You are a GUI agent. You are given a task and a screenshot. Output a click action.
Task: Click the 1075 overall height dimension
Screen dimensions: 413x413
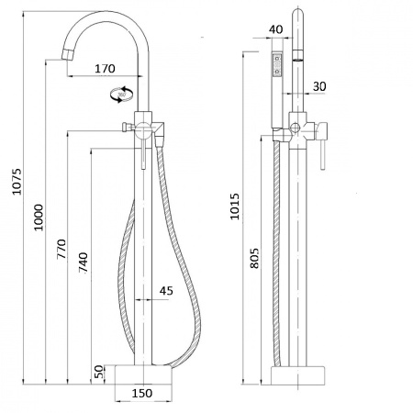(17, 181)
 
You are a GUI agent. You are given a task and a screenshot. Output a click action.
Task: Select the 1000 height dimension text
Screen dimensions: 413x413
(39, 218)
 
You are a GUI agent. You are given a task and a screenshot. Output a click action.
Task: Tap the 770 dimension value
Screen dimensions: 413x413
(61, 249)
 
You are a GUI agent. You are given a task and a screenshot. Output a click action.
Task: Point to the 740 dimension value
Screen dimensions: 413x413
(83, 262)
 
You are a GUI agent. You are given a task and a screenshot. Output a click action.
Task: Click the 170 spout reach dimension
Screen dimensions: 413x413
(105, 69)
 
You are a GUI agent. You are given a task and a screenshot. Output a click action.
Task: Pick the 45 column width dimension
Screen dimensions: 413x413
(166, 290)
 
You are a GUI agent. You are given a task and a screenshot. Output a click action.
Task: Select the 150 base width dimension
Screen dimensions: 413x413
(142, 393)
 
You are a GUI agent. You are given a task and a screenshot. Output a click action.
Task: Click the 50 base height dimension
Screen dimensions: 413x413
(99, 372)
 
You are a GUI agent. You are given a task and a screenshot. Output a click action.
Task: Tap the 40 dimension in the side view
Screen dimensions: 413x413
(276, 29)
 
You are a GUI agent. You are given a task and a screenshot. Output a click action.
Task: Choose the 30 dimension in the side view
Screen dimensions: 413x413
(319, 86)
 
